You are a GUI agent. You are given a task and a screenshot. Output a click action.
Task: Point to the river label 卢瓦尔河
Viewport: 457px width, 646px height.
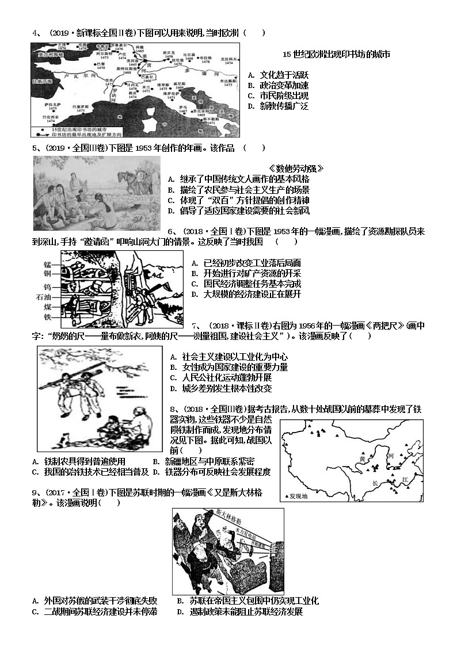pos(80,75)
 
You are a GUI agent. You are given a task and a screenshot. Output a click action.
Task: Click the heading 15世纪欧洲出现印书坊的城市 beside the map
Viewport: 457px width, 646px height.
pos(337,55)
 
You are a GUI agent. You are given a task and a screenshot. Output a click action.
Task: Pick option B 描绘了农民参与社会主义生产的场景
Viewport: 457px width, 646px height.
pos(239,190)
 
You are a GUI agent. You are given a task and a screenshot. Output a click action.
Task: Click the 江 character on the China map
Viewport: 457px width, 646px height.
pos(405,479)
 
